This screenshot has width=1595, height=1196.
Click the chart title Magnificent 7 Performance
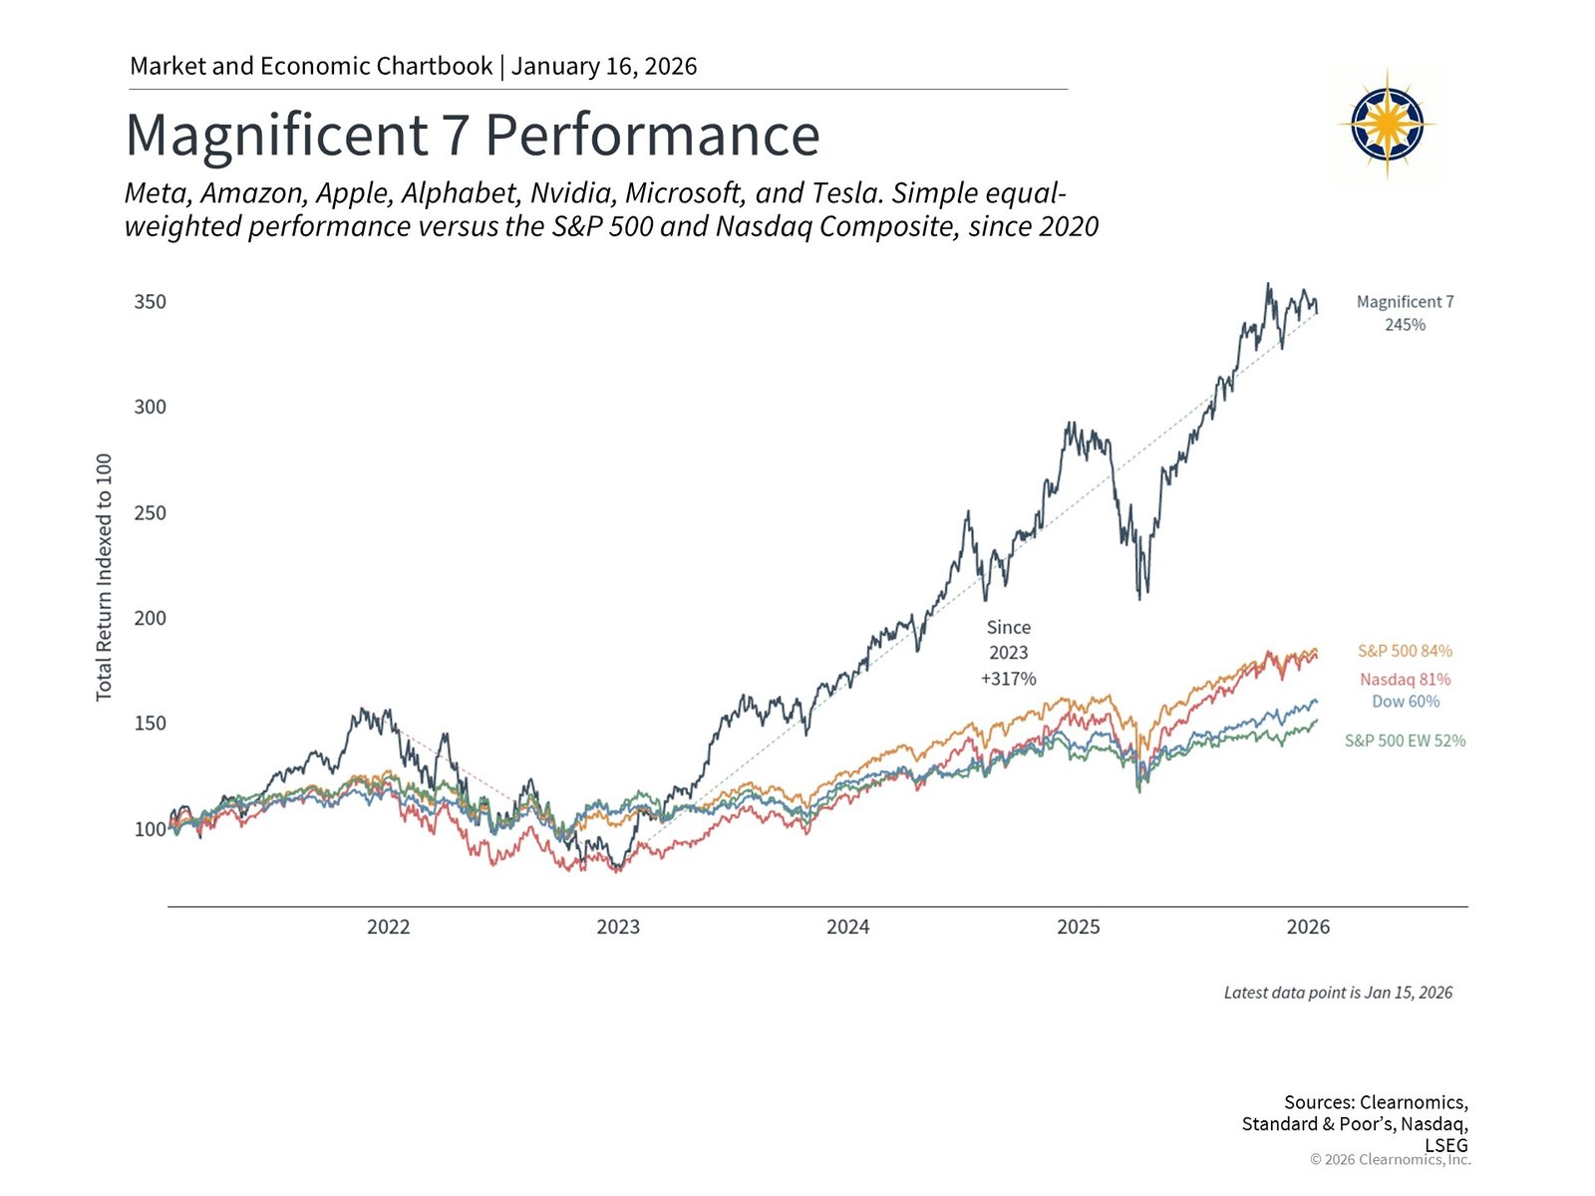[x=472, y=136]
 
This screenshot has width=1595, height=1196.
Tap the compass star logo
[x=1387, y=125]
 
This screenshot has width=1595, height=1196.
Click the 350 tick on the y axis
[x=151, y=302]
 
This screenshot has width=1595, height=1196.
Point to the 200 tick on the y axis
[x=151, y=618]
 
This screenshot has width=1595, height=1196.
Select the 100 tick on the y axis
[x=151, y=829]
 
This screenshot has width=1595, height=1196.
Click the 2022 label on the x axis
[x=388, y=927]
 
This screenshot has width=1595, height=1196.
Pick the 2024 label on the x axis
[x=847, y=927]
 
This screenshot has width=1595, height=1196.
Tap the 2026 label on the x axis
[x=1308, y=927]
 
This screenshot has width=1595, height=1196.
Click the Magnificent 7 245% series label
[x=1405, y=313]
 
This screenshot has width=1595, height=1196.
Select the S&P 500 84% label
[x=1405, y=651]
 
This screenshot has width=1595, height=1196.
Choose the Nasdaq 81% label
[x=1405, y=680]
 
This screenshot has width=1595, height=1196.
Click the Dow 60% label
[x=1405, y=702]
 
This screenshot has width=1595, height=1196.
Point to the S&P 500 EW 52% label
[x=1405, y=741]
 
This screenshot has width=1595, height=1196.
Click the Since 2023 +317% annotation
[x=1008, y=653]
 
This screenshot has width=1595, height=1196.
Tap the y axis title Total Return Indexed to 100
[x=104, y=577]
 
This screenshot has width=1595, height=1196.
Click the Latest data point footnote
[x=1338, y=993]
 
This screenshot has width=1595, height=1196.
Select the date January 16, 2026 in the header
[x=604, y=67]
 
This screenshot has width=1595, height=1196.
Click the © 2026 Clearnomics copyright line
[x=1390, y=1159]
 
